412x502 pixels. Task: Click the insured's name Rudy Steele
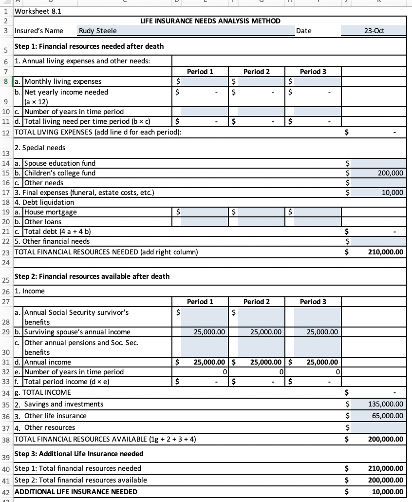click(98, 31)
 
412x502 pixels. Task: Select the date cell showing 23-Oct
click(374, 31)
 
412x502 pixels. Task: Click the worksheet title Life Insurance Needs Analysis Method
click(210, 21)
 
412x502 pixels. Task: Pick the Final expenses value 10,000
click(393, 193)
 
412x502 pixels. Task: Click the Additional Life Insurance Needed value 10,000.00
click(387, 492)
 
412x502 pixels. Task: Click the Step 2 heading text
click(92, 276)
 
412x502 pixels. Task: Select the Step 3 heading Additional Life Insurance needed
click(79, 454)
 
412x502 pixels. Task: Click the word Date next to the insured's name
click(304, 31)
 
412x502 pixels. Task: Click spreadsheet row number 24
click(6, 262)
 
